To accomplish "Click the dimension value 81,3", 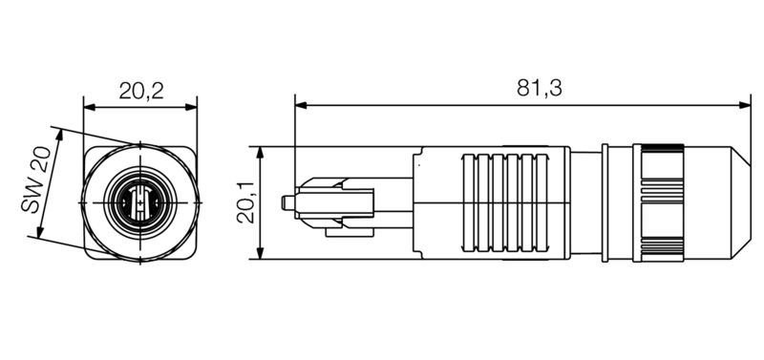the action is [539, 88].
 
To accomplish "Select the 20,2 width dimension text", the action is [140, 91].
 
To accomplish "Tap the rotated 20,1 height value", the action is [246, 202].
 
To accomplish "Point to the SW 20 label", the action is [35, 180].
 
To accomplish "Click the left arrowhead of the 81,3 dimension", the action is [301, 105].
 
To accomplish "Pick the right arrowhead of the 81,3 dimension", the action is [745, 105].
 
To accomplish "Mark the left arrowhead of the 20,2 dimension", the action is [90, 107].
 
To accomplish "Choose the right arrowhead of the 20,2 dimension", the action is [191, 107].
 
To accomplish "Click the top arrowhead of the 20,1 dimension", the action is [260, 153].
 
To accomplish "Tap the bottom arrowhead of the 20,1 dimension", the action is [260, 253].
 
